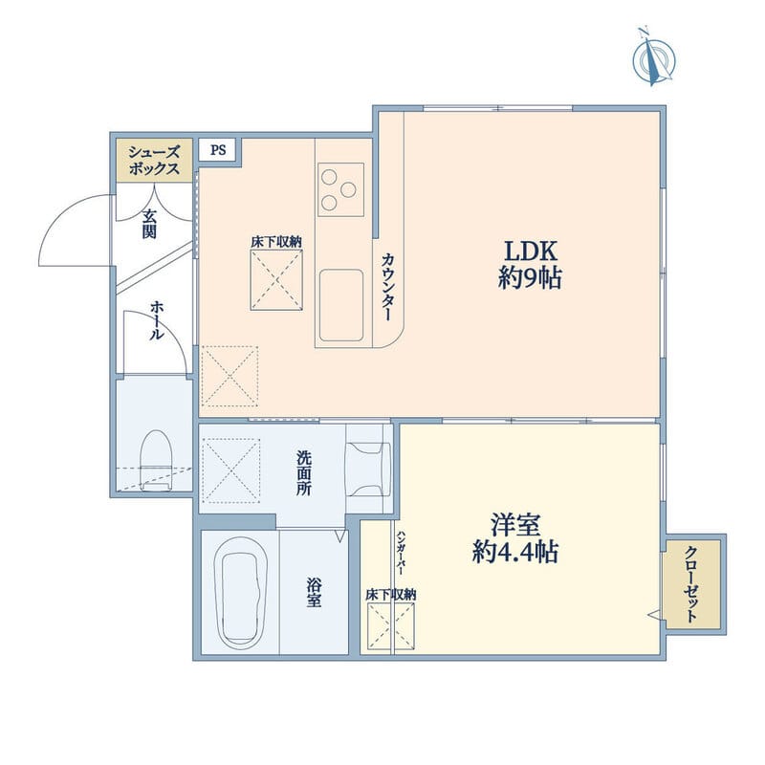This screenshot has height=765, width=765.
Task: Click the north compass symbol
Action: tap(654, 59)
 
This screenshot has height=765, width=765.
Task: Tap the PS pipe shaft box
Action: tap(218, 150)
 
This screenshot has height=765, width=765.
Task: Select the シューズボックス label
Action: tap(154, 161)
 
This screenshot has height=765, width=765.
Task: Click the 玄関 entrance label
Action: tap(150, 224)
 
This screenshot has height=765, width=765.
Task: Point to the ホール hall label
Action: tap(157, 320)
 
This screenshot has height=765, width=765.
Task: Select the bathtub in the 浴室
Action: tap(242, 592)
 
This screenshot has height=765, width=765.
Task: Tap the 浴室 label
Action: tap(314, 592)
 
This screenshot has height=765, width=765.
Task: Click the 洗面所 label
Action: tap(304, 473)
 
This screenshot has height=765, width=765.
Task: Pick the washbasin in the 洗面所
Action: tap(368, 469)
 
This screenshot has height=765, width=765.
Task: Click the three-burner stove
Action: tap(341, 189)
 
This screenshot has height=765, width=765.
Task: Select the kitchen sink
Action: tap(341, 305)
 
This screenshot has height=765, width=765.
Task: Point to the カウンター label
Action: tap(388, 287)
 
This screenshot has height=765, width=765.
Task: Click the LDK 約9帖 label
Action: tap(530, 265)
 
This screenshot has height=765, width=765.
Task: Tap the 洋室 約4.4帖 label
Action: tap(515, 538)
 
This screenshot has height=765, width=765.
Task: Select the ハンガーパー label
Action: tap(402, 552)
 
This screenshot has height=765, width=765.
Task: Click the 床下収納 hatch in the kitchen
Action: tap(276, 279)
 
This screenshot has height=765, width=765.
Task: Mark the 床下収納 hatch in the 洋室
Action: tap(391, 626)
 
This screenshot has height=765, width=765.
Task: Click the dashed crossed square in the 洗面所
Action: tap(230, 470)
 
